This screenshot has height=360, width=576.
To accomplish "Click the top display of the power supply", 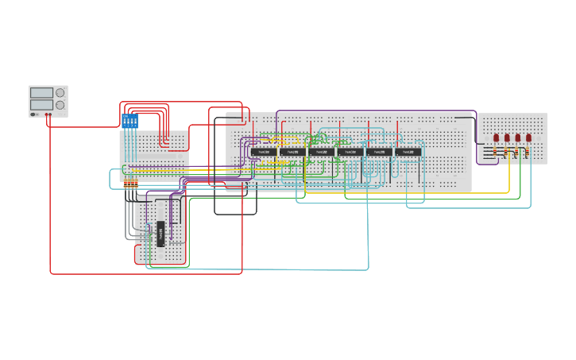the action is pyautogui.click(x=41, y=92).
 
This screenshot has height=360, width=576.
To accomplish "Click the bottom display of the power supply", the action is pyautogui.click(x=41, y=104).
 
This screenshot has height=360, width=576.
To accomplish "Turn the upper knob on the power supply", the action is pyautogui.click(x=60, y=92).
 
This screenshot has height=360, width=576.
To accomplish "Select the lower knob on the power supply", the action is pyautogui.click(x=60, y=105).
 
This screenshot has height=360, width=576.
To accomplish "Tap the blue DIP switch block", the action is pyautogui.click(x=130, y=122).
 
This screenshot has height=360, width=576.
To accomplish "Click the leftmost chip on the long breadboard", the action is pyautogui.click(x=264, y=151).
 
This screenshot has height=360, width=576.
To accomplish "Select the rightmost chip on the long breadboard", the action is pyautogui.click(x=408, y=151).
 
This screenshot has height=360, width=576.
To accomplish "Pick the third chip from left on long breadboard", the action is pyautogui.click(x=321, y=151).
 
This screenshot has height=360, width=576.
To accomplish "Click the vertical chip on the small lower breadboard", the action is pyautogui.click(x=160, y=234).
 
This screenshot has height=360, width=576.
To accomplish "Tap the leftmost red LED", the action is pyautogui.click(x=497, y=137).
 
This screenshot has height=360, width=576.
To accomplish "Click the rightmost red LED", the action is pyautogui.click(x=528, y=137).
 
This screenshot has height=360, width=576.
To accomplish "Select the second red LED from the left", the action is pyautogui.click(x=507, y=137).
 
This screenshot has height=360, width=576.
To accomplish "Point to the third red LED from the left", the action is pyautogui.click(x=518, y=137).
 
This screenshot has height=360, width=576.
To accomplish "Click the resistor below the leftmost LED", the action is pyautogui.click(x=497, y=152).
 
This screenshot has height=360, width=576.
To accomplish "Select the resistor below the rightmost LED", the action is pyautogui.click(x=528, y=152).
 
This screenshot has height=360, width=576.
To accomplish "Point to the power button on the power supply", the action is pyautogui.click(x=33, y=114).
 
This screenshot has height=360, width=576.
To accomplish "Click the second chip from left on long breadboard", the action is pyautogui.click(x=292, y=151).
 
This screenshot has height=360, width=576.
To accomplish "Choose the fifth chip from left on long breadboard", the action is pyautogui.click(x=380, y=151).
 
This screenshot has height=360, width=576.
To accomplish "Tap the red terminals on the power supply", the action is pyautogui.click(x=48, y=114).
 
